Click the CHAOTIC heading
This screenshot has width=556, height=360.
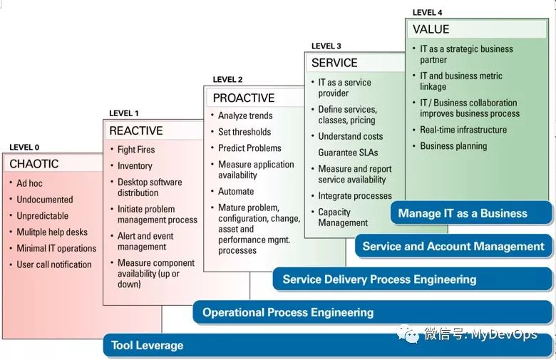click(34, 164)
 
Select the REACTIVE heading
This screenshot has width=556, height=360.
click(135, 131)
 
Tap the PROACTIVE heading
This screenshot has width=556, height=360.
click(243, 98)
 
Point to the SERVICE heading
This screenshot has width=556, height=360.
click(334, 63)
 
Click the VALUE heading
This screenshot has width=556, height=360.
click(431, 30)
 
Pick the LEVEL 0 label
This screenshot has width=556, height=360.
click(24, 148)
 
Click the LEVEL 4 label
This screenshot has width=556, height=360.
click(428, 12)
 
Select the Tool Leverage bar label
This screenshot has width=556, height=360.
click(147, 346)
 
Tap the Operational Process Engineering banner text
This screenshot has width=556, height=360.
click(288, 312)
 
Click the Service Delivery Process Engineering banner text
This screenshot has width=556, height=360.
click(379, 279)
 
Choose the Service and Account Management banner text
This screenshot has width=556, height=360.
click(453, 247)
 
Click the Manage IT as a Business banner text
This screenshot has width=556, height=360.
click(463, 213)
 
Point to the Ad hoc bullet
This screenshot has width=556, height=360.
click(29, 183)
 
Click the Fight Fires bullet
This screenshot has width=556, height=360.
click(136, 150)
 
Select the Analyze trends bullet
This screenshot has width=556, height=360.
click(245, 115)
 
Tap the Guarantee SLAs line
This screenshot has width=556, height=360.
click(348, 153)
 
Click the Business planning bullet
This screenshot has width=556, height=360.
click(453, 146)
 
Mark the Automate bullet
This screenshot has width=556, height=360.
click(236, 192)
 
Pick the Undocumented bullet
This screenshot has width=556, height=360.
click(45, 200)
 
